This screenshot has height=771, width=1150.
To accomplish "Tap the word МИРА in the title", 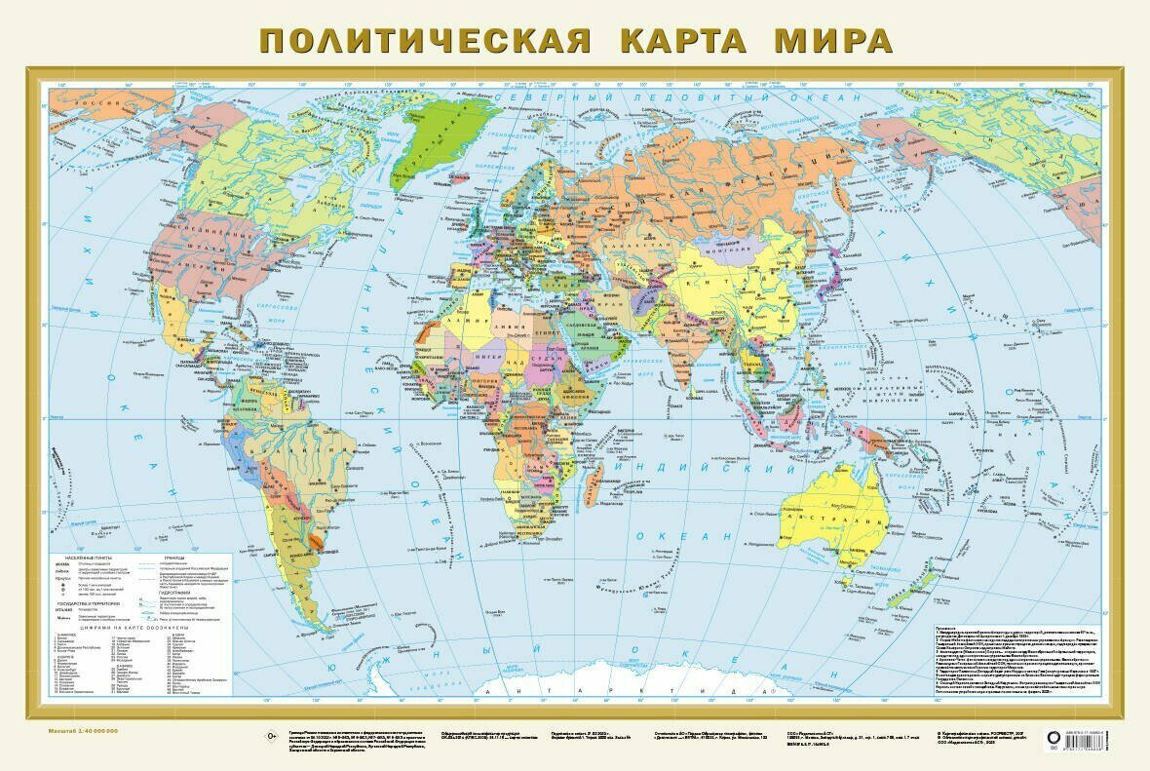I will (x=834, y=42).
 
